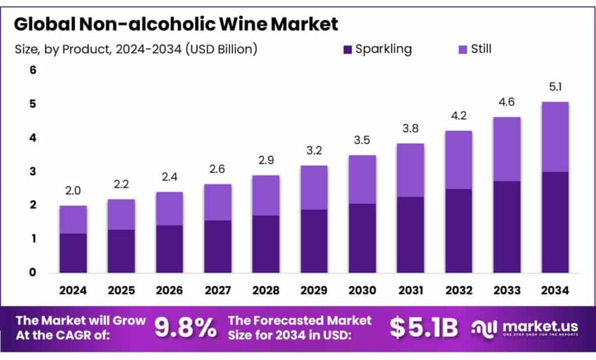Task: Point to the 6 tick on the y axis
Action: (x=33, y=70)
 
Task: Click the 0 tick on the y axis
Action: (x=33, y=272)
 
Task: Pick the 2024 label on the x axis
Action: (x=73, y=289)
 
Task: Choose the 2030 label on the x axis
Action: (x=362, y=289)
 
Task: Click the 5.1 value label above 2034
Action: (x=555, y=88)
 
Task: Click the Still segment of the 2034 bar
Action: (x=555, y=137)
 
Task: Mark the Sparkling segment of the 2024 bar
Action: (x=73, y=253)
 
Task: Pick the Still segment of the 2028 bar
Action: (x=265, y=195)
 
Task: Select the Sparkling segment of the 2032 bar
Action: (x=459, y=230)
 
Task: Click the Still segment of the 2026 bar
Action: (x=169, y=209)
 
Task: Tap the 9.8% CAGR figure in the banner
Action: (x=185, y=328)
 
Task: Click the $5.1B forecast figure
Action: (x=424, y=328)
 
